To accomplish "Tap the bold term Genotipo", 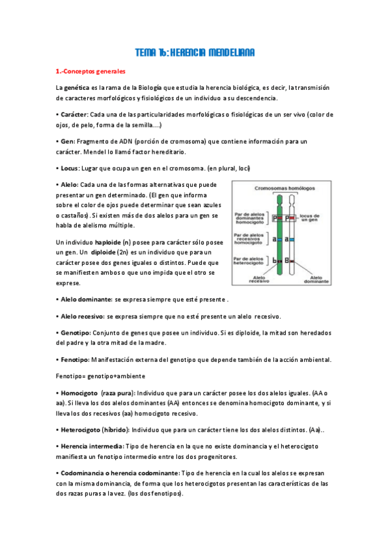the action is point(77,333).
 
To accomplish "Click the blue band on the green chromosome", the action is point(280,239).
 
